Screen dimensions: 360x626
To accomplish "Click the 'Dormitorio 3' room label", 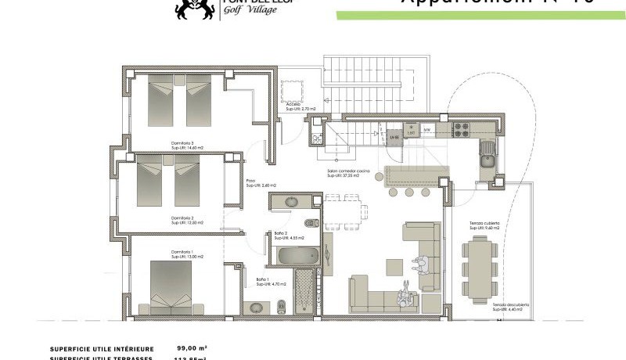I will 182,142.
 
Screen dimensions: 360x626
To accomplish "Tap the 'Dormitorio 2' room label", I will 182,218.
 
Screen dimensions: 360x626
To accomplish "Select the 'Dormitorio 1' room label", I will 182,251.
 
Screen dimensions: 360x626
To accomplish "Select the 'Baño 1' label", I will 263,279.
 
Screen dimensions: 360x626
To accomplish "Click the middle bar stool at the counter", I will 407,192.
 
